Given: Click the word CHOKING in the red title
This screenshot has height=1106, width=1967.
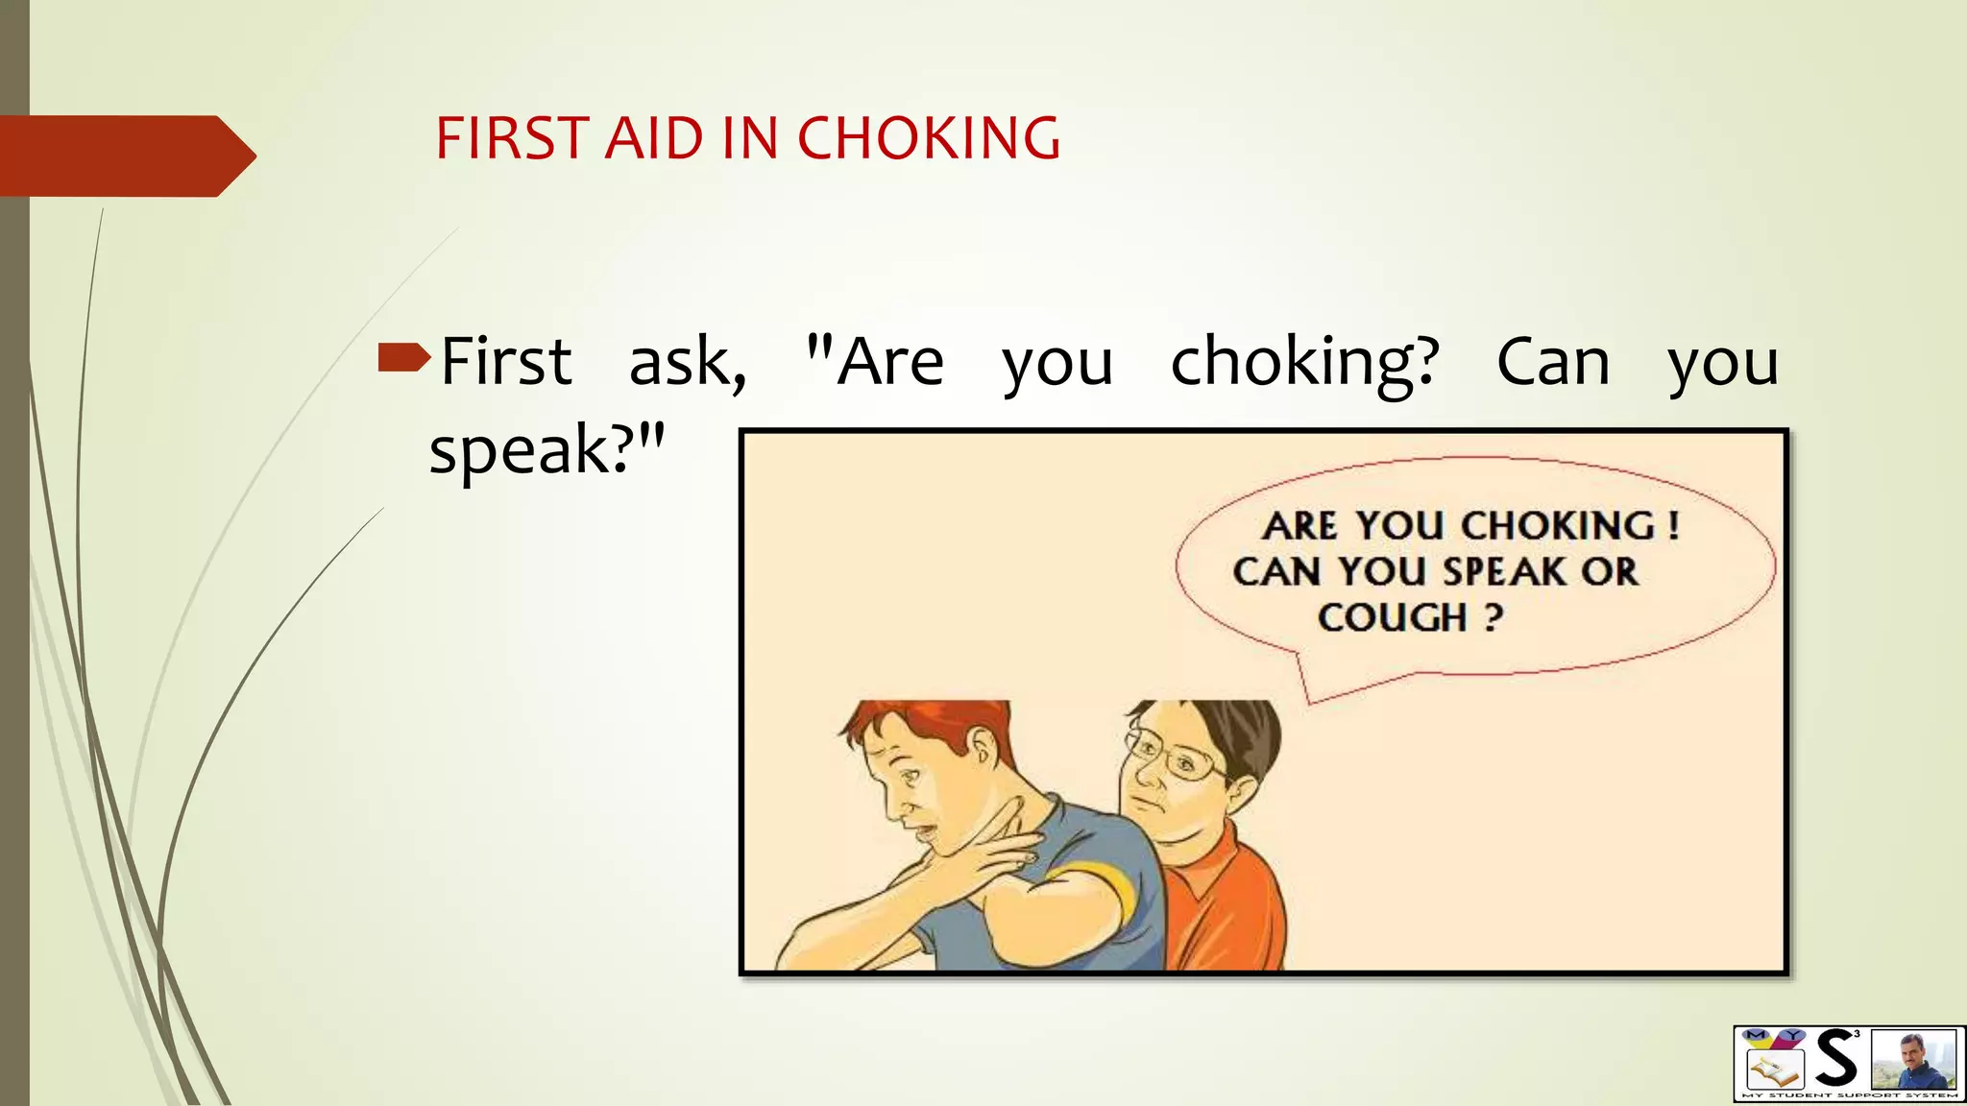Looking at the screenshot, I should tap(929, 138).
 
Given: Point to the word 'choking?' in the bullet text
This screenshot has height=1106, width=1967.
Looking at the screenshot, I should tap(1305, 363).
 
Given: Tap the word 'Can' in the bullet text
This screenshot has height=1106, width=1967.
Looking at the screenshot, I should tap(1553, 362).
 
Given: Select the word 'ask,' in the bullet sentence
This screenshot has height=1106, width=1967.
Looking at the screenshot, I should tap(688, 362).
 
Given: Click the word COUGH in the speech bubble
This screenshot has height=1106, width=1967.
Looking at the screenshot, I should tap(1392, 617).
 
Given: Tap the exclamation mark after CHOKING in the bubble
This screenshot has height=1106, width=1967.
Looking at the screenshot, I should tap(1674, 525).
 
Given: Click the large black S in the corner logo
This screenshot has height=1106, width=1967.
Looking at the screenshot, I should tap(1835, 1059).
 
